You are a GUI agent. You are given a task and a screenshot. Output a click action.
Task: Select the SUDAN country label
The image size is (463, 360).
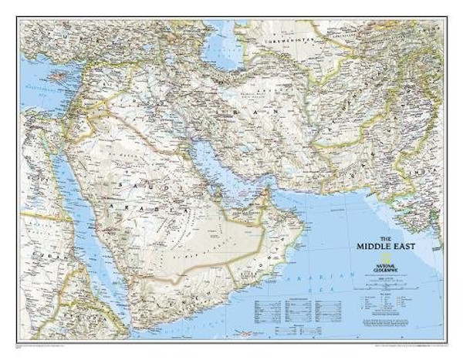[35, 254]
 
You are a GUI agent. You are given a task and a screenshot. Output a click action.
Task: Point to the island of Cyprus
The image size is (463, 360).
[57, 77]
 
